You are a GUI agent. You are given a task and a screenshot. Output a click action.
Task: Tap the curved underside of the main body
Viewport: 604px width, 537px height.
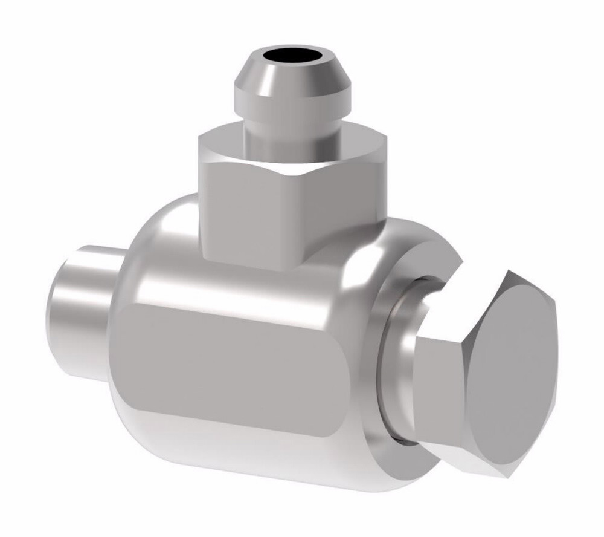pyautogui.click(x=242, y=460)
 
